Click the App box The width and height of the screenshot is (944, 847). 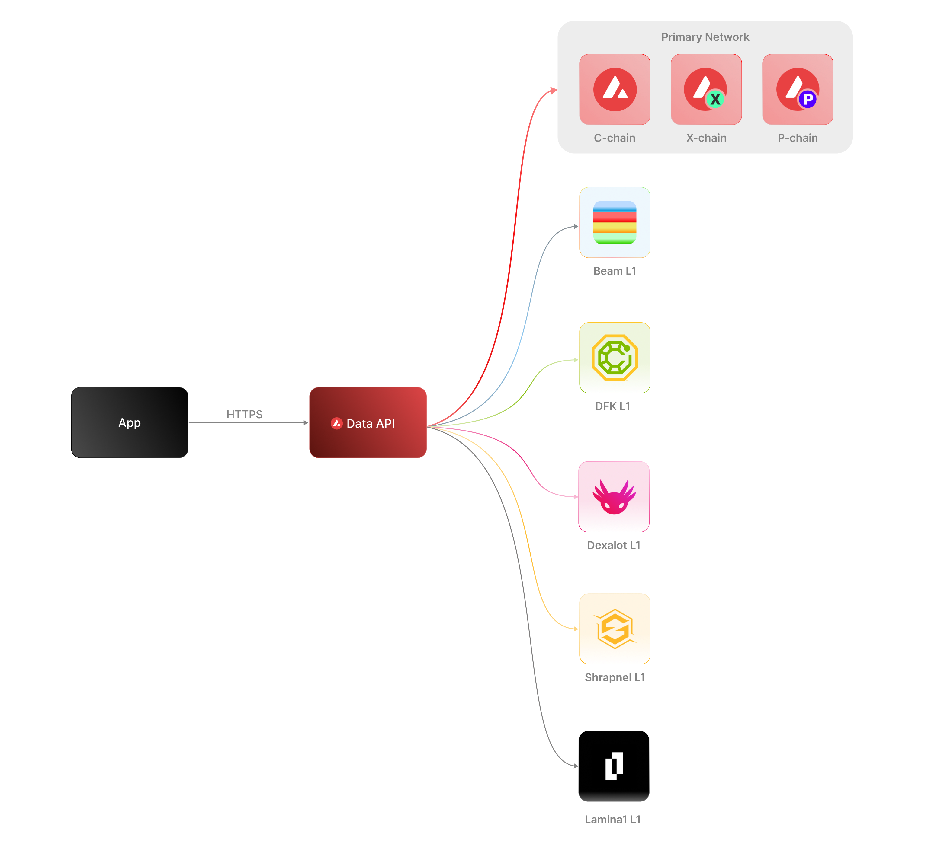pyautogui.click(x=130, y=422)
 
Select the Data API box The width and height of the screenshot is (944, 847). pyautogui.click(x=368, y=422)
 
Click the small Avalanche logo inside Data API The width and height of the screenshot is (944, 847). pyautogui.click(x=336, y=423)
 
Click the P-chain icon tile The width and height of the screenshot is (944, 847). pyautogui.click(x=797, y=89)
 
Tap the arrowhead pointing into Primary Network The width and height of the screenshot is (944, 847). pyautogui.click(x=554, y=90)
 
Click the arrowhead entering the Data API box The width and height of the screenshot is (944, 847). pyautogui.click(x=306, y=422)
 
